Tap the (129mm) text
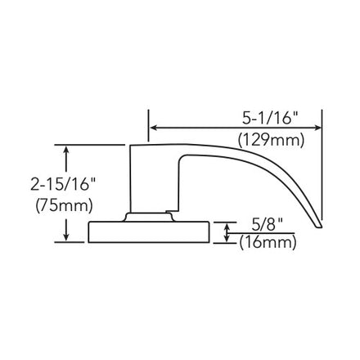271,141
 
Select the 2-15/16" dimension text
60,186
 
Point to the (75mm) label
64,205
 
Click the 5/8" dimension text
266,225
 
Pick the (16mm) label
268,242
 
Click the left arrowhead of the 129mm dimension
154,128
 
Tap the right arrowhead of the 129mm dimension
317,128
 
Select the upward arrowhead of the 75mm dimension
66,150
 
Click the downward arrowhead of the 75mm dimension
66,237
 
